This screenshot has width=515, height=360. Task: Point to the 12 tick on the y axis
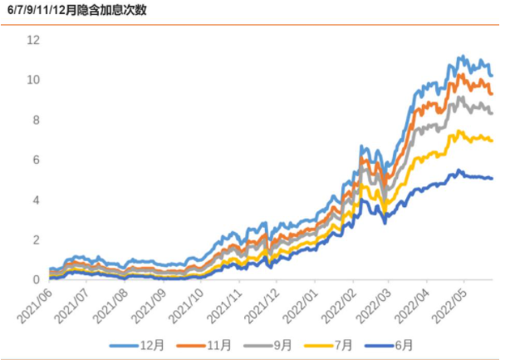33,40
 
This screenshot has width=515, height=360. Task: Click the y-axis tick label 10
33,80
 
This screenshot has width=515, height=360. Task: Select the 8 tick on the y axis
37,120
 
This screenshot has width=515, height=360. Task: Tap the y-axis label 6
37,160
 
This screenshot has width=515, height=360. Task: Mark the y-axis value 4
37,200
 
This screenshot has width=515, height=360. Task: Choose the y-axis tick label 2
37,239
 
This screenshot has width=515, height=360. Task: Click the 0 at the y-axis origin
37,279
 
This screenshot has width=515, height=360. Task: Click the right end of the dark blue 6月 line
492,178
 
